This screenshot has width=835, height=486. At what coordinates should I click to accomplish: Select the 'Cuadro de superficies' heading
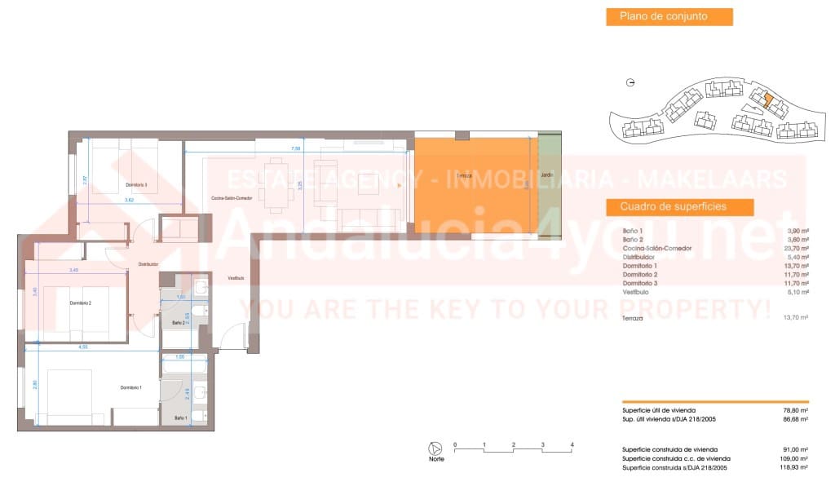point(674,206)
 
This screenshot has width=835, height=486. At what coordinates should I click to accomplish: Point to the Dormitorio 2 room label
point(80,303)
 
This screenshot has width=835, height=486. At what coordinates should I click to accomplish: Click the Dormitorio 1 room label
point(130,387)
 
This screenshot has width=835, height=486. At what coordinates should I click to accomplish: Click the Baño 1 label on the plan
point(180,418)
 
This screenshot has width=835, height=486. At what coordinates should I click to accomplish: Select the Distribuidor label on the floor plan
point(148,264)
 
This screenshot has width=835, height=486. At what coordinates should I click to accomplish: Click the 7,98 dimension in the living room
point(296,149)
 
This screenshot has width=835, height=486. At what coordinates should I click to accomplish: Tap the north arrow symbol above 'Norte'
point(436,448)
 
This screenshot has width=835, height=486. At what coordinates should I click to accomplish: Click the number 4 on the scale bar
point(572,444)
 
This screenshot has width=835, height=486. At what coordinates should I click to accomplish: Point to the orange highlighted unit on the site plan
point(767,100)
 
